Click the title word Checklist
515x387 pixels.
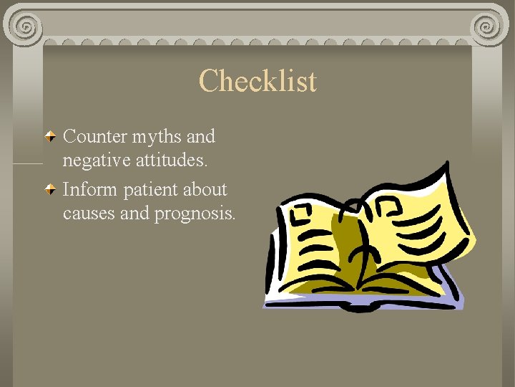257,81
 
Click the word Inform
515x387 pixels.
90,190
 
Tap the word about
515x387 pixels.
205,190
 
